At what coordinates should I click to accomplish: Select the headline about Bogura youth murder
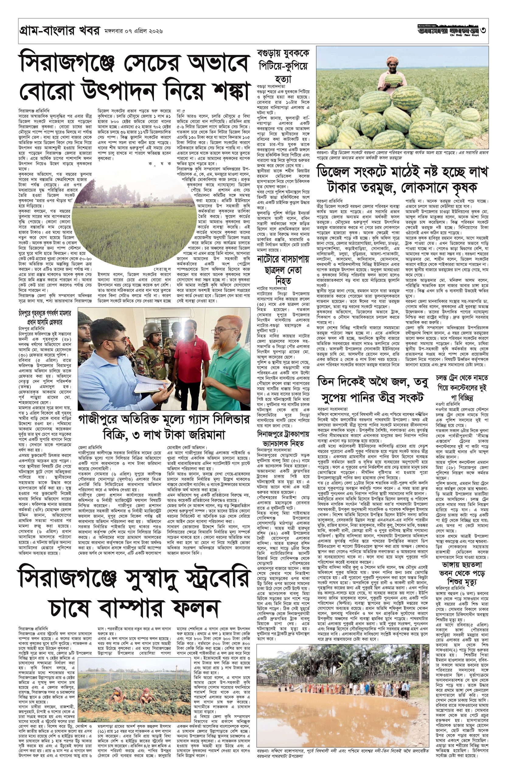[x=280, y=65]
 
